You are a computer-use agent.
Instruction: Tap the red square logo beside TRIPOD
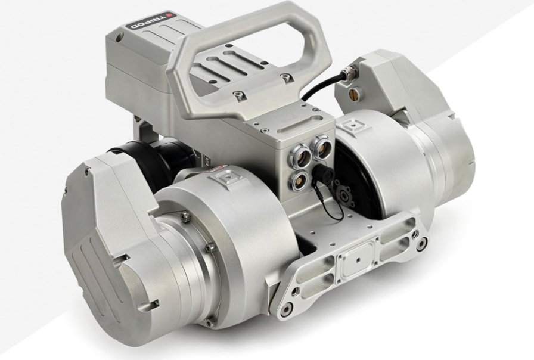point(170,15)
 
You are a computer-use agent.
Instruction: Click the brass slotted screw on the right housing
point(352,92)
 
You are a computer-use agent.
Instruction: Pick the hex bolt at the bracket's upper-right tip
point(423,243)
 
